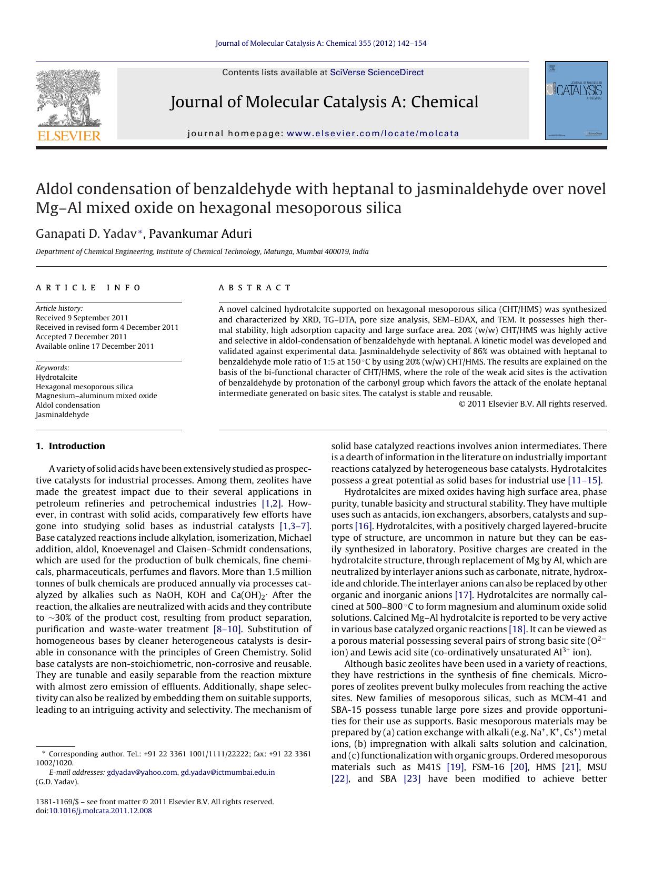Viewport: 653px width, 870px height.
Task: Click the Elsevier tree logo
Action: [68, 98]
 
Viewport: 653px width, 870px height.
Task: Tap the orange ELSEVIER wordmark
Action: [69, 136]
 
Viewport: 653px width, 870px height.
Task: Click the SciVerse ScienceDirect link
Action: [377, 73]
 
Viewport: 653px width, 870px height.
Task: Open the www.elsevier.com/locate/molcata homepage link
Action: [373, 134]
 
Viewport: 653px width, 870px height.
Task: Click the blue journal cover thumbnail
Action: [576, 100]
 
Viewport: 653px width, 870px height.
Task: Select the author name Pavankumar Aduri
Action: [200, 234]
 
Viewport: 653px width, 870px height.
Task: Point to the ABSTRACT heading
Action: [255, 288]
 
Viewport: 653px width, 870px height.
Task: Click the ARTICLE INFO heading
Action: [88, 288]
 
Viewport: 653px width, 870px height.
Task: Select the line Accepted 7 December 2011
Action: [81, 337]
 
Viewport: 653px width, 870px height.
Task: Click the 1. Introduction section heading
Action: [71, 446]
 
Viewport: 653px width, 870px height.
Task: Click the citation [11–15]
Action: [585, 480]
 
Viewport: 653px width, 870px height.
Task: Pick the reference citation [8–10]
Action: [227, 629]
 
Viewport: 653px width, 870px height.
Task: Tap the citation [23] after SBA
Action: [412, 778]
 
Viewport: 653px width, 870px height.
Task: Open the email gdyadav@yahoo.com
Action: [142, 772]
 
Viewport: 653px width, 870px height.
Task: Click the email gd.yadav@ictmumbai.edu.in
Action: [228, 772]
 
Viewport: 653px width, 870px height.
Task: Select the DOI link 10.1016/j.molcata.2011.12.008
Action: [100, 811]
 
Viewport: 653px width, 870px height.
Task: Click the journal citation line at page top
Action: [321, 43]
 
